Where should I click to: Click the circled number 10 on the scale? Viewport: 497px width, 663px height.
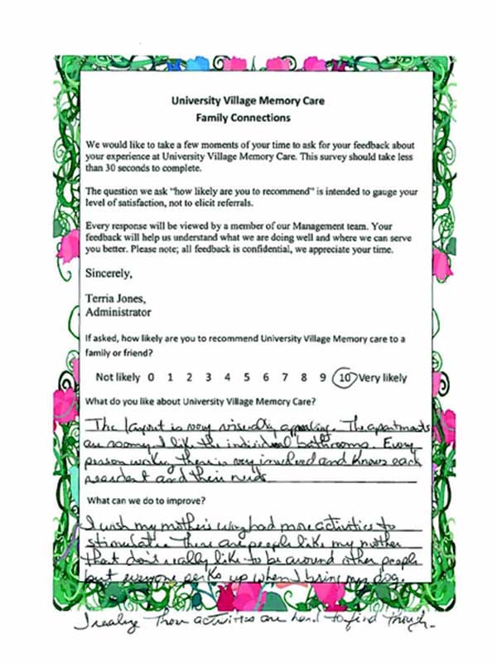point(345,378)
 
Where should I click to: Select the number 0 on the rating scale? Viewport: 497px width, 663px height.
point(151,378)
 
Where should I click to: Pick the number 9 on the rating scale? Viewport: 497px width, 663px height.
point(324,378)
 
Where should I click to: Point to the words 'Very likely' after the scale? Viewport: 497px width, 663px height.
point(383,378)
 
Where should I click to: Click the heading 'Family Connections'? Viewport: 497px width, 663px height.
point(248,119)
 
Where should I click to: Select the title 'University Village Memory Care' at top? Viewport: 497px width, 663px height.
point(248,102)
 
